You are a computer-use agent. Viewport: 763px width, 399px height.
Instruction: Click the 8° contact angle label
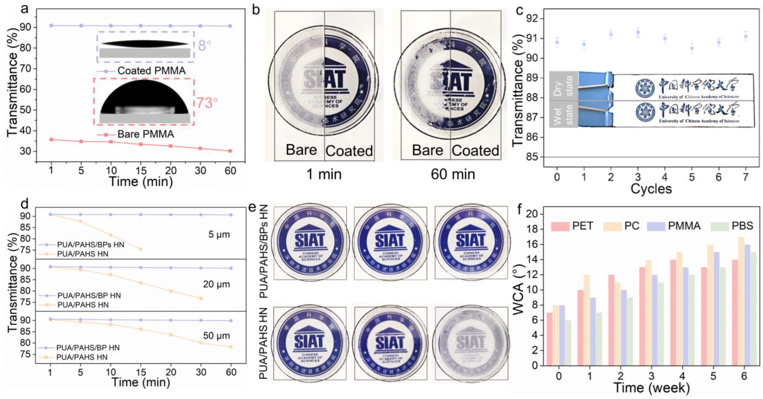(x=204, y=46)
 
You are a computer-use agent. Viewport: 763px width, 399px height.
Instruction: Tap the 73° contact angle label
(x=207, y=103)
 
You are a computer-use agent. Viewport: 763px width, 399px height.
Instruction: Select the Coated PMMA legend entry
(x=151, y=71)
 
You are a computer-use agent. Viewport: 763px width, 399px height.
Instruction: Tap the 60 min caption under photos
(x=453, y=174)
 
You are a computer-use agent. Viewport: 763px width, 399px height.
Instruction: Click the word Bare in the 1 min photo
(x=301, y=150)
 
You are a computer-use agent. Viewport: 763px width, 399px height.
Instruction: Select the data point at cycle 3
(x=638, y=32)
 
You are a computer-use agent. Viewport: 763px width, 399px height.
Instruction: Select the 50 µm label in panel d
(x=216, y=336)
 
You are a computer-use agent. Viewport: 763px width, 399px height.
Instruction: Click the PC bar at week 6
(x=741, y=301)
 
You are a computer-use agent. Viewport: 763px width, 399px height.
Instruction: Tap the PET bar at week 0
(x=550, y=339)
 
